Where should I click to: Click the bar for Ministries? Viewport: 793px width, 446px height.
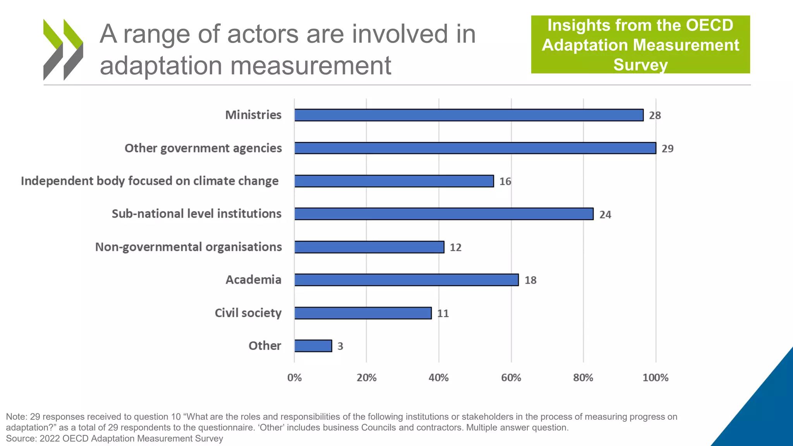pyautogui.click(x=469, y=115)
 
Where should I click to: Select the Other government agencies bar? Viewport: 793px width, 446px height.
pyautogui.click(x=475, y=148)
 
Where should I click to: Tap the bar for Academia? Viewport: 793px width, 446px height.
pyautogui.click(x=406, y=280)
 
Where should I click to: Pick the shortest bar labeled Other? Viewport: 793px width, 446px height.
pyautogui.click(x=313, y=346)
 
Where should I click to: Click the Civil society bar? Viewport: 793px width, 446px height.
pyautogui.click(x=363, y=313)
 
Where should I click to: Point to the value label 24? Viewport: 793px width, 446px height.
pyautogui.click(x=605, y=214)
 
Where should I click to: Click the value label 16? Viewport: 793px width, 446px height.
pyautogui.click(x=505, y=181)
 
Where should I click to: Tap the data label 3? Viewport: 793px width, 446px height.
pyautogui.click(x=340, y=346)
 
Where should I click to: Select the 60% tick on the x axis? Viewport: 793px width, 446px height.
pyautogui.click(x=511, y=377)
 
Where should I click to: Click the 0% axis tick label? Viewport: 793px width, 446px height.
pyautogui.click(x=294, y=377)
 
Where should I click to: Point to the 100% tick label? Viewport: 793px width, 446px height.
pyautogui.click(x=655, y=377)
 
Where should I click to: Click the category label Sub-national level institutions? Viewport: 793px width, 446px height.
pyautogui.click(x=196, y=214)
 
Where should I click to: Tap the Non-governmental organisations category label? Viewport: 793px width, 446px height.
pyautogui.click(x=188, y=247)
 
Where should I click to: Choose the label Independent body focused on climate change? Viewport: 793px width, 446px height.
pyautogui.click(x=149, y=181)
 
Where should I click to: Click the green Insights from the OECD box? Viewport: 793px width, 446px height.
pyautogui.click(x=640, y=45)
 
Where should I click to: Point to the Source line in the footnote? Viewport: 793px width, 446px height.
pyautogui.click(x=115, y=439)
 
